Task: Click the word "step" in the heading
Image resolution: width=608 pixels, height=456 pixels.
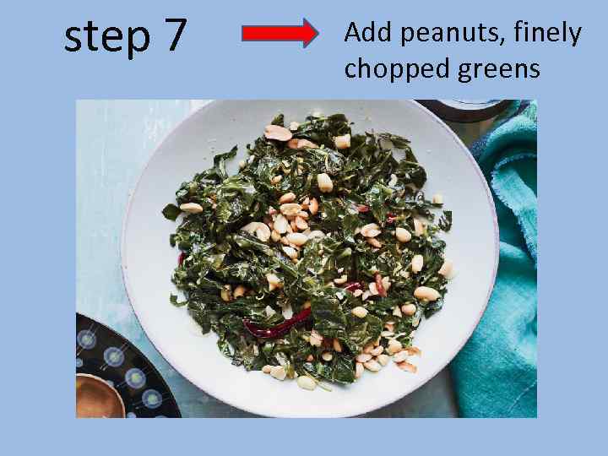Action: coord(106,37)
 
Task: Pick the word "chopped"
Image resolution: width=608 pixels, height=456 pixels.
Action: coord(396,68)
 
